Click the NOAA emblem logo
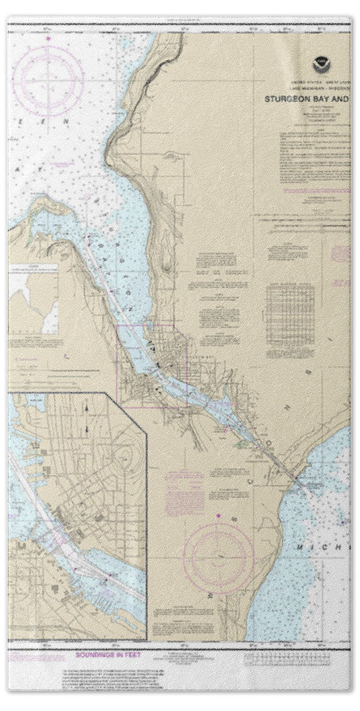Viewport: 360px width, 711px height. (x=319, y=66)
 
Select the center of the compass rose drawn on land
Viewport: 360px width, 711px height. (x=217, y=558)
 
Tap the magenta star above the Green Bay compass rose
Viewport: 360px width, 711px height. (x=48, y=39)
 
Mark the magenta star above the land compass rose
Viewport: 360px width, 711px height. (x=217, y=518)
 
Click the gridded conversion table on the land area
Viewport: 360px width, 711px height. (x=290, y=310)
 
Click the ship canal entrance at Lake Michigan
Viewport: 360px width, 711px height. (x=295, y=479)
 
